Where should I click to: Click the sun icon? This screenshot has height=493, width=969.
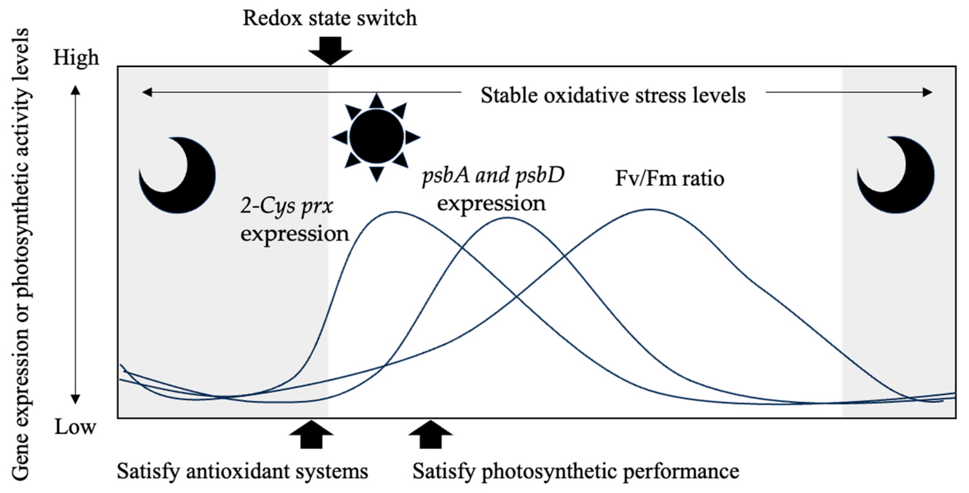pos(377,137)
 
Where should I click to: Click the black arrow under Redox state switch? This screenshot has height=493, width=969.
pos(330,50)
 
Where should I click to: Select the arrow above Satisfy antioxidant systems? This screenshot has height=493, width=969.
pos(311,435)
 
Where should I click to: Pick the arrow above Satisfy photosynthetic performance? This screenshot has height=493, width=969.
pos(430,435)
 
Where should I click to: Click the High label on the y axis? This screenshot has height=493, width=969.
pos(76,58)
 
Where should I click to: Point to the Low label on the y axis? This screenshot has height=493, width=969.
pos(75,427)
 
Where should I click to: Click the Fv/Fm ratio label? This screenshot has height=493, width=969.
pos(670,178)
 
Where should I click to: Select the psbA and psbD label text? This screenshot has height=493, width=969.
pos(493,175)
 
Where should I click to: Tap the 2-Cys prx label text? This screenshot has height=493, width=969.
pos(287,207)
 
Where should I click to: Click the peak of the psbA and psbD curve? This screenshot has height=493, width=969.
pos(508,218)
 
